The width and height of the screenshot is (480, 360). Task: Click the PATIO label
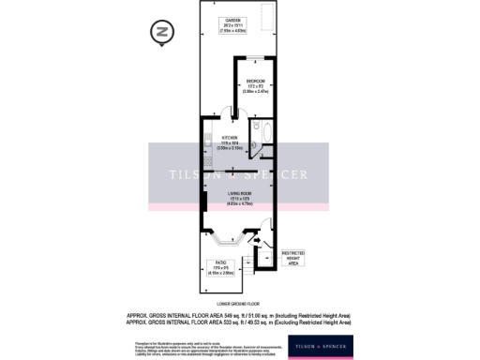point(221,266)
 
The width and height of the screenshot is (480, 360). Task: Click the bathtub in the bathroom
point(264,134)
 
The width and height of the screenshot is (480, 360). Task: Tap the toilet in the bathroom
point(252,129)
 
